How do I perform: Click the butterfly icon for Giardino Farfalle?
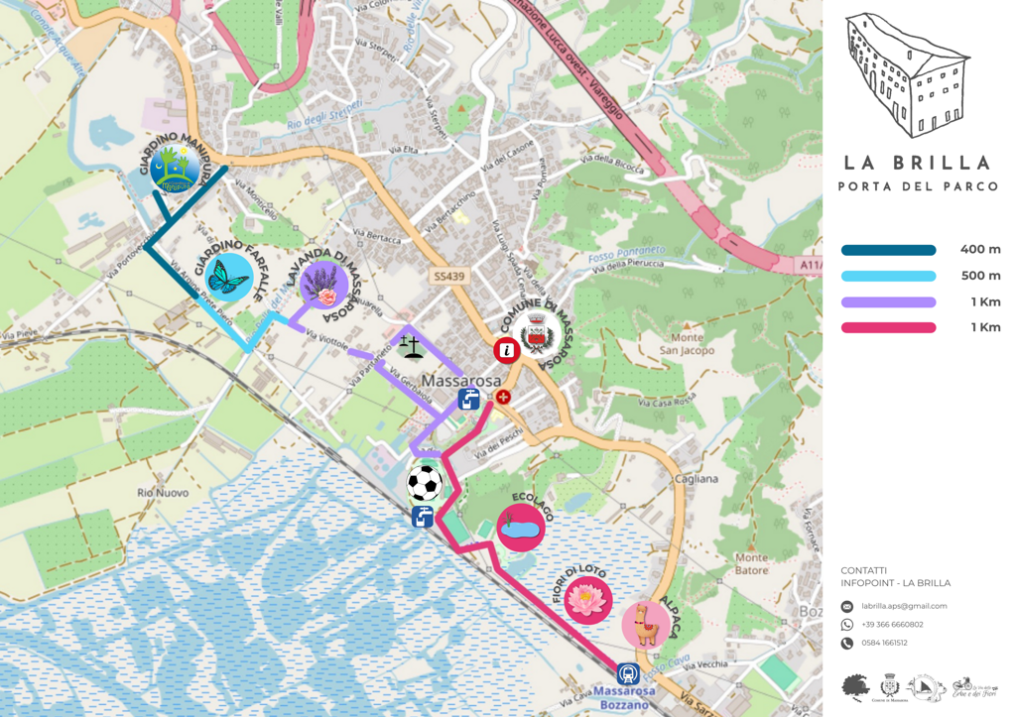click(x=229, y=278)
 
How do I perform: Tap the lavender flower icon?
click(x=323, y=286)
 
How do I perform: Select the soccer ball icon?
click(x=425, y=484)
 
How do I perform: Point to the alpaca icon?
click(x=646, y=625)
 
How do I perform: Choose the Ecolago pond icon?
click(x=520, y=529)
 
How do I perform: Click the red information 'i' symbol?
click(x=507, y=349)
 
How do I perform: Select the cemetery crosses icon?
click(x=411, y=346)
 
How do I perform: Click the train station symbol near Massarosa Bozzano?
click(x=627, y=674)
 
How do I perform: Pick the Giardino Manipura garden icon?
click(x=177, y=171)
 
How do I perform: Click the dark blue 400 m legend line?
click(x=888, y=251)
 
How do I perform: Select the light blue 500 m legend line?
click(x=888, y=277)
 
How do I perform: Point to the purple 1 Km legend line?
click(x=888, y=302)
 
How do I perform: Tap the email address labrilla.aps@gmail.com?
click(x=904, y=606)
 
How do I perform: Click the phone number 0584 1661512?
click(x=884, y=643)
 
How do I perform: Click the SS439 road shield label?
click(x=448, y=277)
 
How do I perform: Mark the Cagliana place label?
click(x=696, y=479)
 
